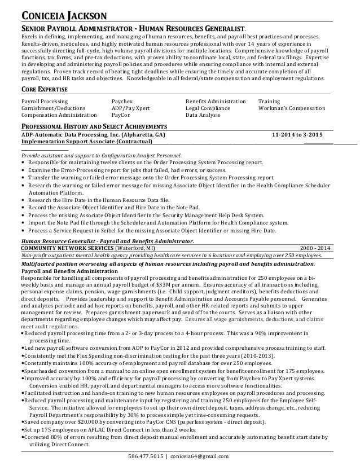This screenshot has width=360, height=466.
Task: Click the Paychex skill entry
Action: click(x=122, y=101)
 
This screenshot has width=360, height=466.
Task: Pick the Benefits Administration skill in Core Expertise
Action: click(x=216, y=101)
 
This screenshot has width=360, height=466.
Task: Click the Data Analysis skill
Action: click(x=203, y=115)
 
